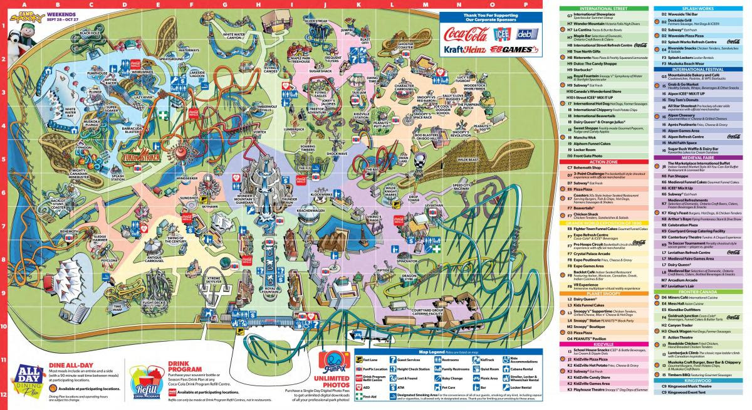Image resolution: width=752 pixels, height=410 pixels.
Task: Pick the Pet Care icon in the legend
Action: pyautogui.click(x=436, y=388)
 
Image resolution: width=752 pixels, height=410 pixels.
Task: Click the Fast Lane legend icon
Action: pyautogui.click(x=358, y=359)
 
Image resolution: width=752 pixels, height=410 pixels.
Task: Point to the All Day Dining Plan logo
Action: pyautogui.click(x=23, y=379)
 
